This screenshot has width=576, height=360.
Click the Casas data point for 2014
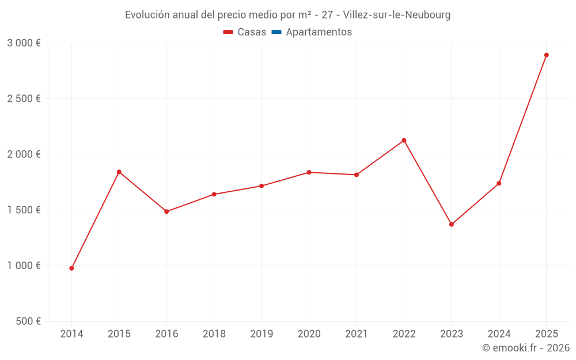click(x=71, y=268)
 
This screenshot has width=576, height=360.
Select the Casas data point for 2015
click(x=119, y=172)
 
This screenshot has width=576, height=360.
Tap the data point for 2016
click(x=166, y=211)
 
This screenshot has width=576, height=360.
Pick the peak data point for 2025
click(x=547, y=55)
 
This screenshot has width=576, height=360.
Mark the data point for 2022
click(x=404, y=141)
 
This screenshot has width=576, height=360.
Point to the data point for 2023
click(x=452, y=225)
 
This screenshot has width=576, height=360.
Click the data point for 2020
click(x=309, y=172)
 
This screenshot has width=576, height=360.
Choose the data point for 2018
click(x=214, y=194)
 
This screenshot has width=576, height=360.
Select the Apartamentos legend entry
click(x=319, y=32)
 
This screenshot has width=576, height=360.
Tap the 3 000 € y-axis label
click(x=24, y=43)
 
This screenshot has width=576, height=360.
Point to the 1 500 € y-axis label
click(x=24, y=210)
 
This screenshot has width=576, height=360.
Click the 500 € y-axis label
click(x=27, y=321)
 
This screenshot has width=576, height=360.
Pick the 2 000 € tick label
click(x=24, y=154)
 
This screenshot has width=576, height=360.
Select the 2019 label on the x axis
click(x=262, y=334)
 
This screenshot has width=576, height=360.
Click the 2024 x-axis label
click(x=499, y=334)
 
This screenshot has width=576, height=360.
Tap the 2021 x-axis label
click(x=357, y=334)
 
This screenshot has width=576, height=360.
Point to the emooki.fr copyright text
click(x=526, y=348)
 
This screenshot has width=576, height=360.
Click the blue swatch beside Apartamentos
click(x=276, y=32)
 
